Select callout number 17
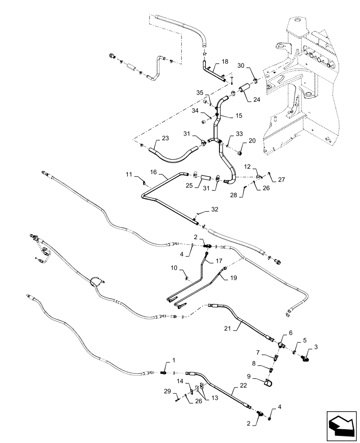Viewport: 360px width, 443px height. (219, 261)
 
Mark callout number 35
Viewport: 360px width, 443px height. (200, 93)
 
